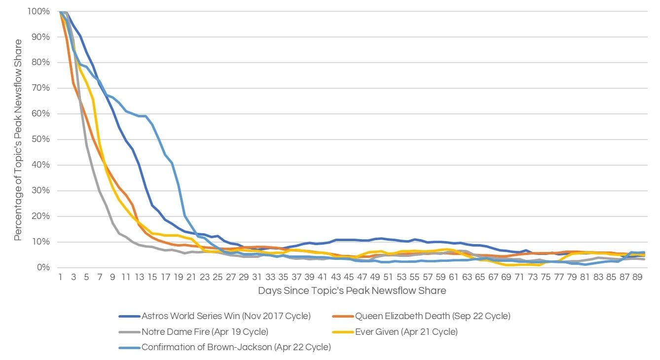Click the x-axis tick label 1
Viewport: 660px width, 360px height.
[60, 277]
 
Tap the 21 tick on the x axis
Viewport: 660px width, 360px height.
[191, 277]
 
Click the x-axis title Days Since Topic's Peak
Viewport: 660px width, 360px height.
[352, 290]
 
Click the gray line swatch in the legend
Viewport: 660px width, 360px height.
[129, 331]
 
